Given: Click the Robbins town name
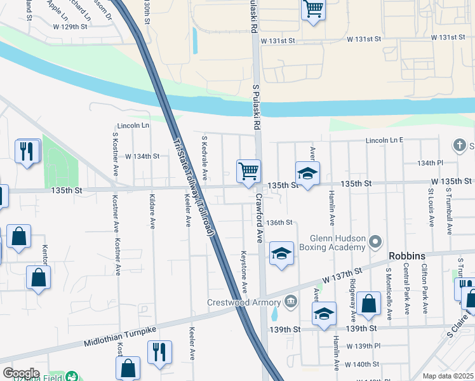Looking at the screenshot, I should click(407, 256).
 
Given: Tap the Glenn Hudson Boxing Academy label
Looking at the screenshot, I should click(337, 242).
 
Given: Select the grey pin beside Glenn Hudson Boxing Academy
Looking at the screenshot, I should click(375, 241).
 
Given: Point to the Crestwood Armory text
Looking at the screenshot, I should click(244, 302).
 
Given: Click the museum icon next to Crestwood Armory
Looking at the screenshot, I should click(290, 300).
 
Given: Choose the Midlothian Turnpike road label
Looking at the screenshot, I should click(120, 337).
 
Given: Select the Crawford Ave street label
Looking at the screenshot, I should click(259, 219).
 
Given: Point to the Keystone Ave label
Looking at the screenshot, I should click(244, 271).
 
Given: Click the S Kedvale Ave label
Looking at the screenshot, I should click(204, 156).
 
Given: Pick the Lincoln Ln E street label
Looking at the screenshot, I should click(384, 140).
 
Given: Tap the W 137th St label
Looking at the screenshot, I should click(342, 276).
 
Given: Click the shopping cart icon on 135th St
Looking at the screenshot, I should click(248, 170).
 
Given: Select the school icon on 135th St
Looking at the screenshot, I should click(307, 173).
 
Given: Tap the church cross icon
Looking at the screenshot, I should click(460, 146).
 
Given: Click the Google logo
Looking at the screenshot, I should click(20, 373).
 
